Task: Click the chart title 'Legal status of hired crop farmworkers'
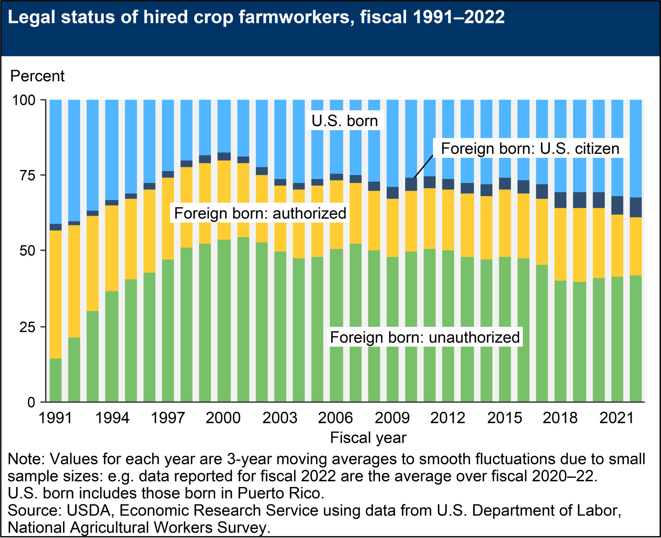tap(255, 17)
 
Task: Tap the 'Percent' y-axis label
tap(37, 76)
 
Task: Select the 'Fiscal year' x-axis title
tap(368, 437)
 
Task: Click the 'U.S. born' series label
tap(344, 121)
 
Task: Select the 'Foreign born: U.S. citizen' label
tap(530, 149)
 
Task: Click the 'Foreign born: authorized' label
tap(260, 213)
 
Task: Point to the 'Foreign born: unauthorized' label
tap(425, 337)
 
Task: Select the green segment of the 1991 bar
tap(56, 380)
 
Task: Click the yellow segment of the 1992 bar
tap(74, 281)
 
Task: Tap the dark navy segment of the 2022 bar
tap(635, 207)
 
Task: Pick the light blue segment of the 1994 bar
tap(112, 150)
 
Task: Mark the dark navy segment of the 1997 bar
tap(168, 174)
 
